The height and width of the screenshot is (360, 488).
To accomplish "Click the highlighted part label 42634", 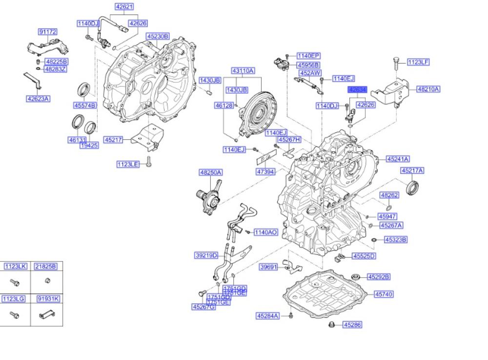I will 357,90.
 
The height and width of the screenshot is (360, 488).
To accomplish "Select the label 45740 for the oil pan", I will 384,294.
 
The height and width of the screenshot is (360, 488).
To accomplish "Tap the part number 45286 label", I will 352,324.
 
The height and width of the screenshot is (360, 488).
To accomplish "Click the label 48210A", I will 428,89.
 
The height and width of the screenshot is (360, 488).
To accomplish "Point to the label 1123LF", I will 418,62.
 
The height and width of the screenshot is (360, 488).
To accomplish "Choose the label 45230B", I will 157,36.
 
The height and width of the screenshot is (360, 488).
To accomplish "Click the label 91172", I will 48,32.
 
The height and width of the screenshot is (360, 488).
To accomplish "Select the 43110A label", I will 243,71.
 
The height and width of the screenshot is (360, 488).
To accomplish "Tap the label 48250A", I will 211,172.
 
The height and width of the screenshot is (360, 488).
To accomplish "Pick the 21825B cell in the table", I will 45,266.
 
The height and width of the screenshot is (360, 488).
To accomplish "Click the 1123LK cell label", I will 15,266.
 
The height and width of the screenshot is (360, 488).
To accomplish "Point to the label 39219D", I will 206,255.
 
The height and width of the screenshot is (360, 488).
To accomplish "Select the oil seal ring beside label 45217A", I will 413,187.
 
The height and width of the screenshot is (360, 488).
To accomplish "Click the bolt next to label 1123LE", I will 149,165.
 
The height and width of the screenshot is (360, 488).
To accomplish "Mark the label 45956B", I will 308,64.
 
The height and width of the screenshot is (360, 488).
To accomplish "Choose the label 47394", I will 266,171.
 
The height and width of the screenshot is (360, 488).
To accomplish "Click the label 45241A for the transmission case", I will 398,159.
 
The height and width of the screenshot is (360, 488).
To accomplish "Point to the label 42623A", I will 39,99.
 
